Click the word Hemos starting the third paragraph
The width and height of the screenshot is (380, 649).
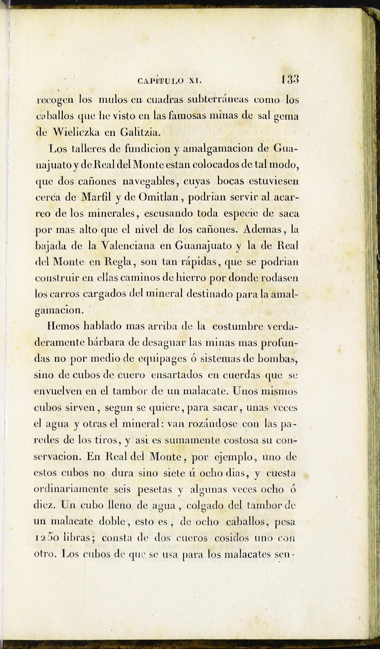pyautogui.click(x=63, y=326)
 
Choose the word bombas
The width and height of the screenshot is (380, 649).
pyautogui.click(x=277, y=359)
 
